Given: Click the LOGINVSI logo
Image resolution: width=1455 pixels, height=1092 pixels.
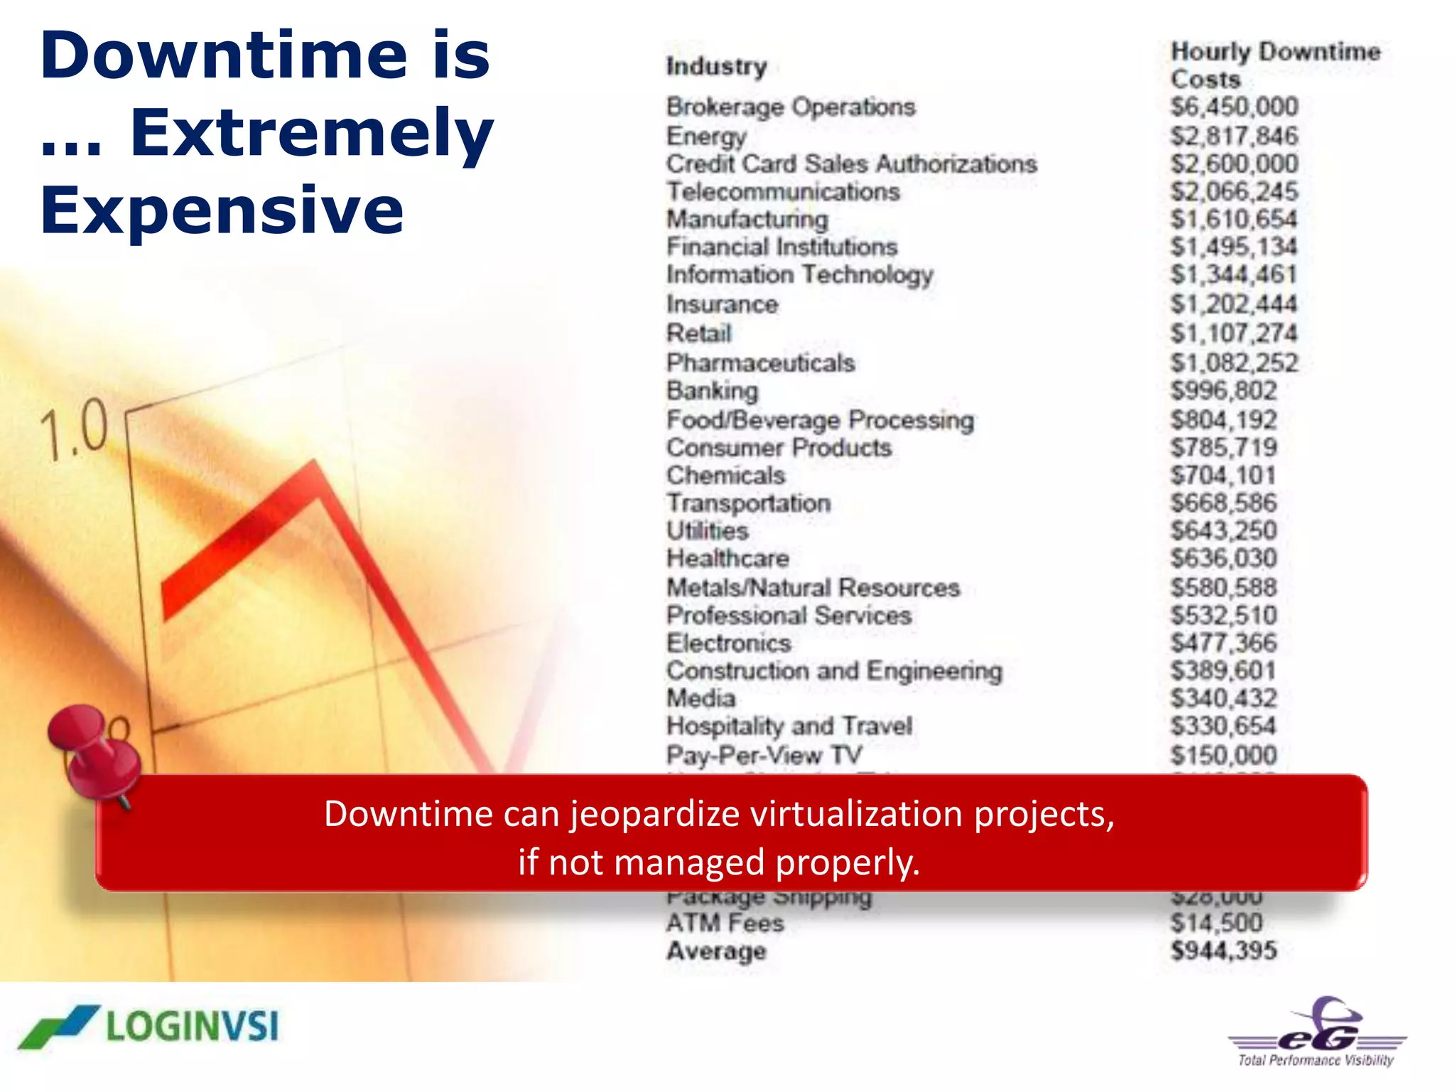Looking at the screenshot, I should (150, 1027).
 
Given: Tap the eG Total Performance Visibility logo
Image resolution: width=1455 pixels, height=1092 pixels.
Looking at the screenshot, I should (1316, 1033).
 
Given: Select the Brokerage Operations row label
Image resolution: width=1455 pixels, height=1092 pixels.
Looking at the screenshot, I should (791, 107).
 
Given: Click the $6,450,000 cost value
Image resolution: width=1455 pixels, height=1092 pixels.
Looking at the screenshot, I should (1234, 107).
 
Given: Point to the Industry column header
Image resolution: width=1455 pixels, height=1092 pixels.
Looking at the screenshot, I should (716, 66).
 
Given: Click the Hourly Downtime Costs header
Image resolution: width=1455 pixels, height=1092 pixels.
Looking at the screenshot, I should (1275, 65).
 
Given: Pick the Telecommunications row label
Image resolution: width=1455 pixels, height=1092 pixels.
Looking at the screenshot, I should (783, 192).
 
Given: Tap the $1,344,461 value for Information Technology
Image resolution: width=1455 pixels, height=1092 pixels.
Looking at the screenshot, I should (1233, 274).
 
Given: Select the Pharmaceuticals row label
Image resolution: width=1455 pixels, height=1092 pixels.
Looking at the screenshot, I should (760, 363).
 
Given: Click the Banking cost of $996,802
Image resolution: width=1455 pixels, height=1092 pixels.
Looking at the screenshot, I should (1223, 390).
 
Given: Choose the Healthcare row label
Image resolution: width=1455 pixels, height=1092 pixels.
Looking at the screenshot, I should (727, 559).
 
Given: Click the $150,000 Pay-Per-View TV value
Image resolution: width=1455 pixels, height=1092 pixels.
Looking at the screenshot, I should (1223, 755).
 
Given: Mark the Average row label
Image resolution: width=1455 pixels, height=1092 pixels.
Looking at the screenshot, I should (716, 951).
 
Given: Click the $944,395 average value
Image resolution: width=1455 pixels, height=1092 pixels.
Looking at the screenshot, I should (1223, 951).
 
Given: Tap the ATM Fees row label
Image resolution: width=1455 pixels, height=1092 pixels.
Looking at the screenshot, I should (725, 924).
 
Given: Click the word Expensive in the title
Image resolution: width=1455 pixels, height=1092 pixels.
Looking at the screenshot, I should (222, 210).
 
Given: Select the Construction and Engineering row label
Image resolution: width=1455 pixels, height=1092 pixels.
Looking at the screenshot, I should (834, 671).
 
